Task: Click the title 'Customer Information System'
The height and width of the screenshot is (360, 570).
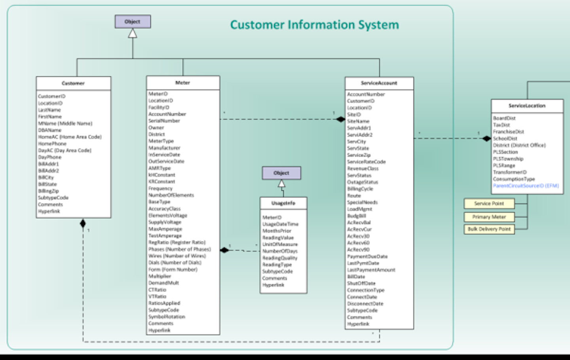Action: (314, 25)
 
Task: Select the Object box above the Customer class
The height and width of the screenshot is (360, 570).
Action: (133, 22)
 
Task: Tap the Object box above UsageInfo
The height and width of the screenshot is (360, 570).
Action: (281, 173)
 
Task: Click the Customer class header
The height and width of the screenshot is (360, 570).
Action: (73, 83)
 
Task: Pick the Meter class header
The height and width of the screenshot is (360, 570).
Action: (182, 83)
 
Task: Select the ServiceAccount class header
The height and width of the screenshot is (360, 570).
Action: (379, 83)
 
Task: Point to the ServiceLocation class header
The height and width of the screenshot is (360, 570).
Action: (527, 106)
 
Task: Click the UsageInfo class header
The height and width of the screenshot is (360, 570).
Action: (283, 203)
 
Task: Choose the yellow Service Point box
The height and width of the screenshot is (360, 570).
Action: (489, 203)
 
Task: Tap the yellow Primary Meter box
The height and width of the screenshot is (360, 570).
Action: (489, 217)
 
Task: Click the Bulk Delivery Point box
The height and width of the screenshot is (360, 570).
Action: (489, 229)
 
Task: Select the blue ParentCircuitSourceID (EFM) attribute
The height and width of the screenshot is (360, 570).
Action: (526, 186)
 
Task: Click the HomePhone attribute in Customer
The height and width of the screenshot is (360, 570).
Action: (52, 144)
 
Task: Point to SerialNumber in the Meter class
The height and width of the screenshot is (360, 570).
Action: (164, 121)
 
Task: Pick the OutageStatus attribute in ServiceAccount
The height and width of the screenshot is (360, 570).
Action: (362, 182)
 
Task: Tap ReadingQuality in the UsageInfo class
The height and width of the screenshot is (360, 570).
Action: (279, 258)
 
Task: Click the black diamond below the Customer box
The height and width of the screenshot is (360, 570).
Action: (83, 224)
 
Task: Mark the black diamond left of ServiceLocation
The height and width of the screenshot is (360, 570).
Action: (486, 138)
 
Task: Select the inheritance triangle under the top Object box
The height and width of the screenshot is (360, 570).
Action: (133, 34)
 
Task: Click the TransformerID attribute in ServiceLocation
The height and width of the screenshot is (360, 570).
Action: (509, 172)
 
